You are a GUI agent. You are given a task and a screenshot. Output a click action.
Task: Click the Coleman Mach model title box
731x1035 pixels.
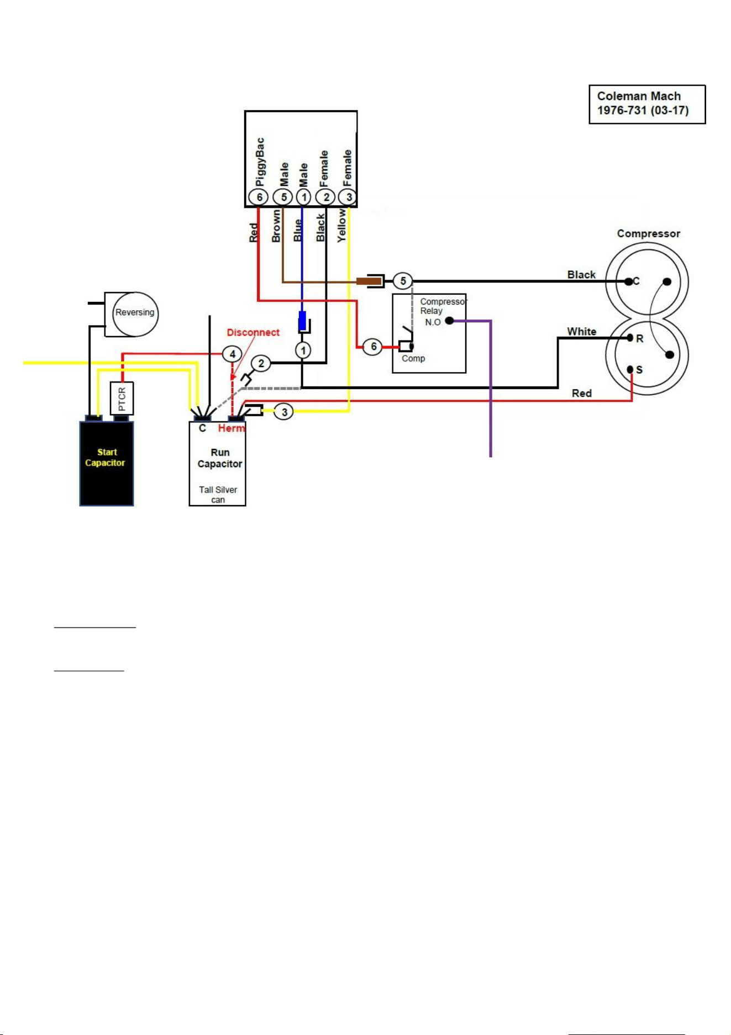click(x=647, y=104)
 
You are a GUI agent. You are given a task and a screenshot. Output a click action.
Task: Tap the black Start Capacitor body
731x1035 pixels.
click(x=107, y=463)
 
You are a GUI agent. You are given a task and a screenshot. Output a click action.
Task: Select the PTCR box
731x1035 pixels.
click(x=122, y=398)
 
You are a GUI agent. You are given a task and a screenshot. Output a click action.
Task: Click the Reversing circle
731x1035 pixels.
click(x=135, y=314)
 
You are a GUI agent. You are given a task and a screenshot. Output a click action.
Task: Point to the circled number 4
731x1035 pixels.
click(x=233, y=354)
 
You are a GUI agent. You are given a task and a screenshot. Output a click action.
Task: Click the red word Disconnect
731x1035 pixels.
click(x=253, y=332)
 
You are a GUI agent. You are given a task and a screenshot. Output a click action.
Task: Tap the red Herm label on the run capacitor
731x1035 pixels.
click(x=231, y=428)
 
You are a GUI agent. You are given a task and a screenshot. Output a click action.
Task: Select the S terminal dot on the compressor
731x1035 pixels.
click(x=630, y=369)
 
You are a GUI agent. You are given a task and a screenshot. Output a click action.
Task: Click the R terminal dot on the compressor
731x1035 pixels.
click(x=630, y=338)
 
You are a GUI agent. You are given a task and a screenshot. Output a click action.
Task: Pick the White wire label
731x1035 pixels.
click(x=582, y=331)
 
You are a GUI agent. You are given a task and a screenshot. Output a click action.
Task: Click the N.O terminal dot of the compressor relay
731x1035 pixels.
click(x=449, y=321)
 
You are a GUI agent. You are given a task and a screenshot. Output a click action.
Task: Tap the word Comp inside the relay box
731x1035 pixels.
click(x=413, y=358)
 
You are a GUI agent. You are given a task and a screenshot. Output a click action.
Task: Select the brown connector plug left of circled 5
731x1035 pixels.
click(x=369, y=281)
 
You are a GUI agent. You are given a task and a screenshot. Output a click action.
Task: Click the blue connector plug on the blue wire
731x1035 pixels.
click(x=302, y=321)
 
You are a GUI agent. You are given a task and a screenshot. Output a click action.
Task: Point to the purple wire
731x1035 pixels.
click(x=490, y=387)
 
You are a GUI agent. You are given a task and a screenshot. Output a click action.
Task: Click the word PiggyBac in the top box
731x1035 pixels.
click(x=260, y=161)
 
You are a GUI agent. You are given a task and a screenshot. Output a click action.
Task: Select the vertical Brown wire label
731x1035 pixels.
click(x=276, y=226)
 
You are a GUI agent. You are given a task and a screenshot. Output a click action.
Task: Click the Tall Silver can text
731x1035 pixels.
click(x=218, y=494)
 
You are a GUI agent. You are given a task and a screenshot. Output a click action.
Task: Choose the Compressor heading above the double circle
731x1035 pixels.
click(x=649, y=233)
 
